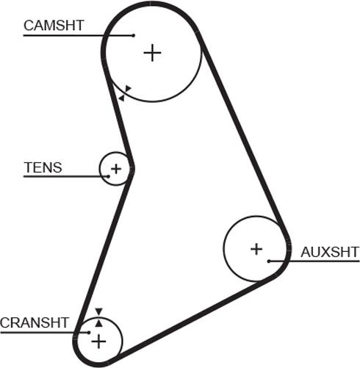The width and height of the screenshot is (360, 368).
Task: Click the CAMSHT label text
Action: click(54, 26)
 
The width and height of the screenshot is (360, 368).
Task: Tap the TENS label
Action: click(43, 167)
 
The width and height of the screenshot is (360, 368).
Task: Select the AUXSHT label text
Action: click(330, 252)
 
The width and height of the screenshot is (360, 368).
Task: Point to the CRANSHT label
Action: click(35, 322)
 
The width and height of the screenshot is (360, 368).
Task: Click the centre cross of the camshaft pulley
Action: click(151, 53)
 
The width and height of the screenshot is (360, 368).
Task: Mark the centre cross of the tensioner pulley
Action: click(115, 169)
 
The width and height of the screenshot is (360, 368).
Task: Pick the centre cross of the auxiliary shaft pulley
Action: click(256, 249)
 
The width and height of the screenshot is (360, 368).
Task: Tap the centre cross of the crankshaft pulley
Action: click(98, 342)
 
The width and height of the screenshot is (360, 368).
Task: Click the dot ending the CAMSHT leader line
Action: click(133, 35)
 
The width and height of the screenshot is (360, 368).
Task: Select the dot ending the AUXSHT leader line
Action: click(269, 261)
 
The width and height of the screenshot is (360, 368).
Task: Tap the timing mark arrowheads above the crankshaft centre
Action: click(98, 317)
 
